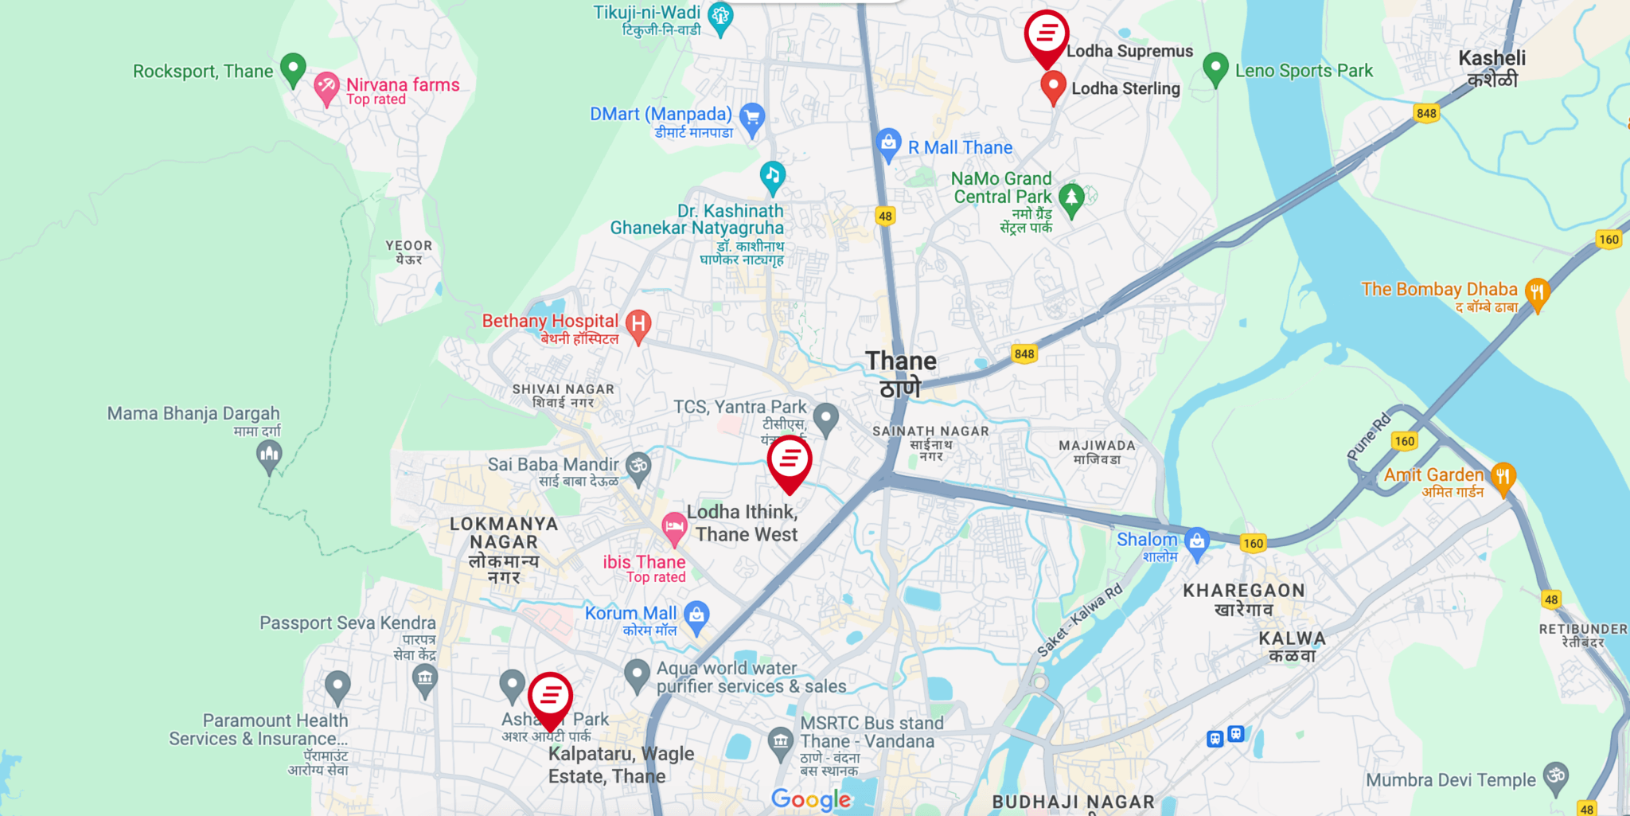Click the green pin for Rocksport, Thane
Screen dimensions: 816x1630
293,68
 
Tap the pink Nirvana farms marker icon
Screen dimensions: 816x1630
326,86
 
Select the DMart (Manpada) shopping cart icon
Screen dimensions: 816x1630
751,118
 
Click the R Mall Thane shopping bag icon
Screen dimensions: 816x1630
888,144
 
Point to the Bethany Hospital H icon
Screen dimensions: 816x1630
638,324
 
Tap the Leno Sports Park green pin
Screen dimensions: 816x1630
1215,68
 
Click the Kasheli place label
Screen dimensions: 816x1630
1492,68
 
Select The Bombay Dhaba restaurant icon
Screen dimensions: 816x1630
1537,292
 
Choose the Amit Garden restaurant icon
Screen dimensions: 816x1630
1503,477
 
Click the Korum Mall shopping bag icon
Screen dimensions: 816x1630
696,615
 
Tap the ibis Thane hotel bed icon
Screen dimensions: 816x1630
674,526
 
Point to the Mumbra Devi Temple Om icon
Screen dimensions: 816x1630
1555,775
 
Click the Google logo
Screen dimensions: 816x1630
811,799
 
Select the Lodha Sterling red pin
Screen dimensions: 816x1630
1053,85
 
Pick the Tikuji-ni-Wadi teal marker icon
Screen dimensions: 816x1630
720,16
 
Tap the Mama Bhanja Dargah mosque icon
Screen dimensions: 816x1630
269,455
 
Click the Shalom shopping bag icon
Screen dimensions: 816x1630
1196,541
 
